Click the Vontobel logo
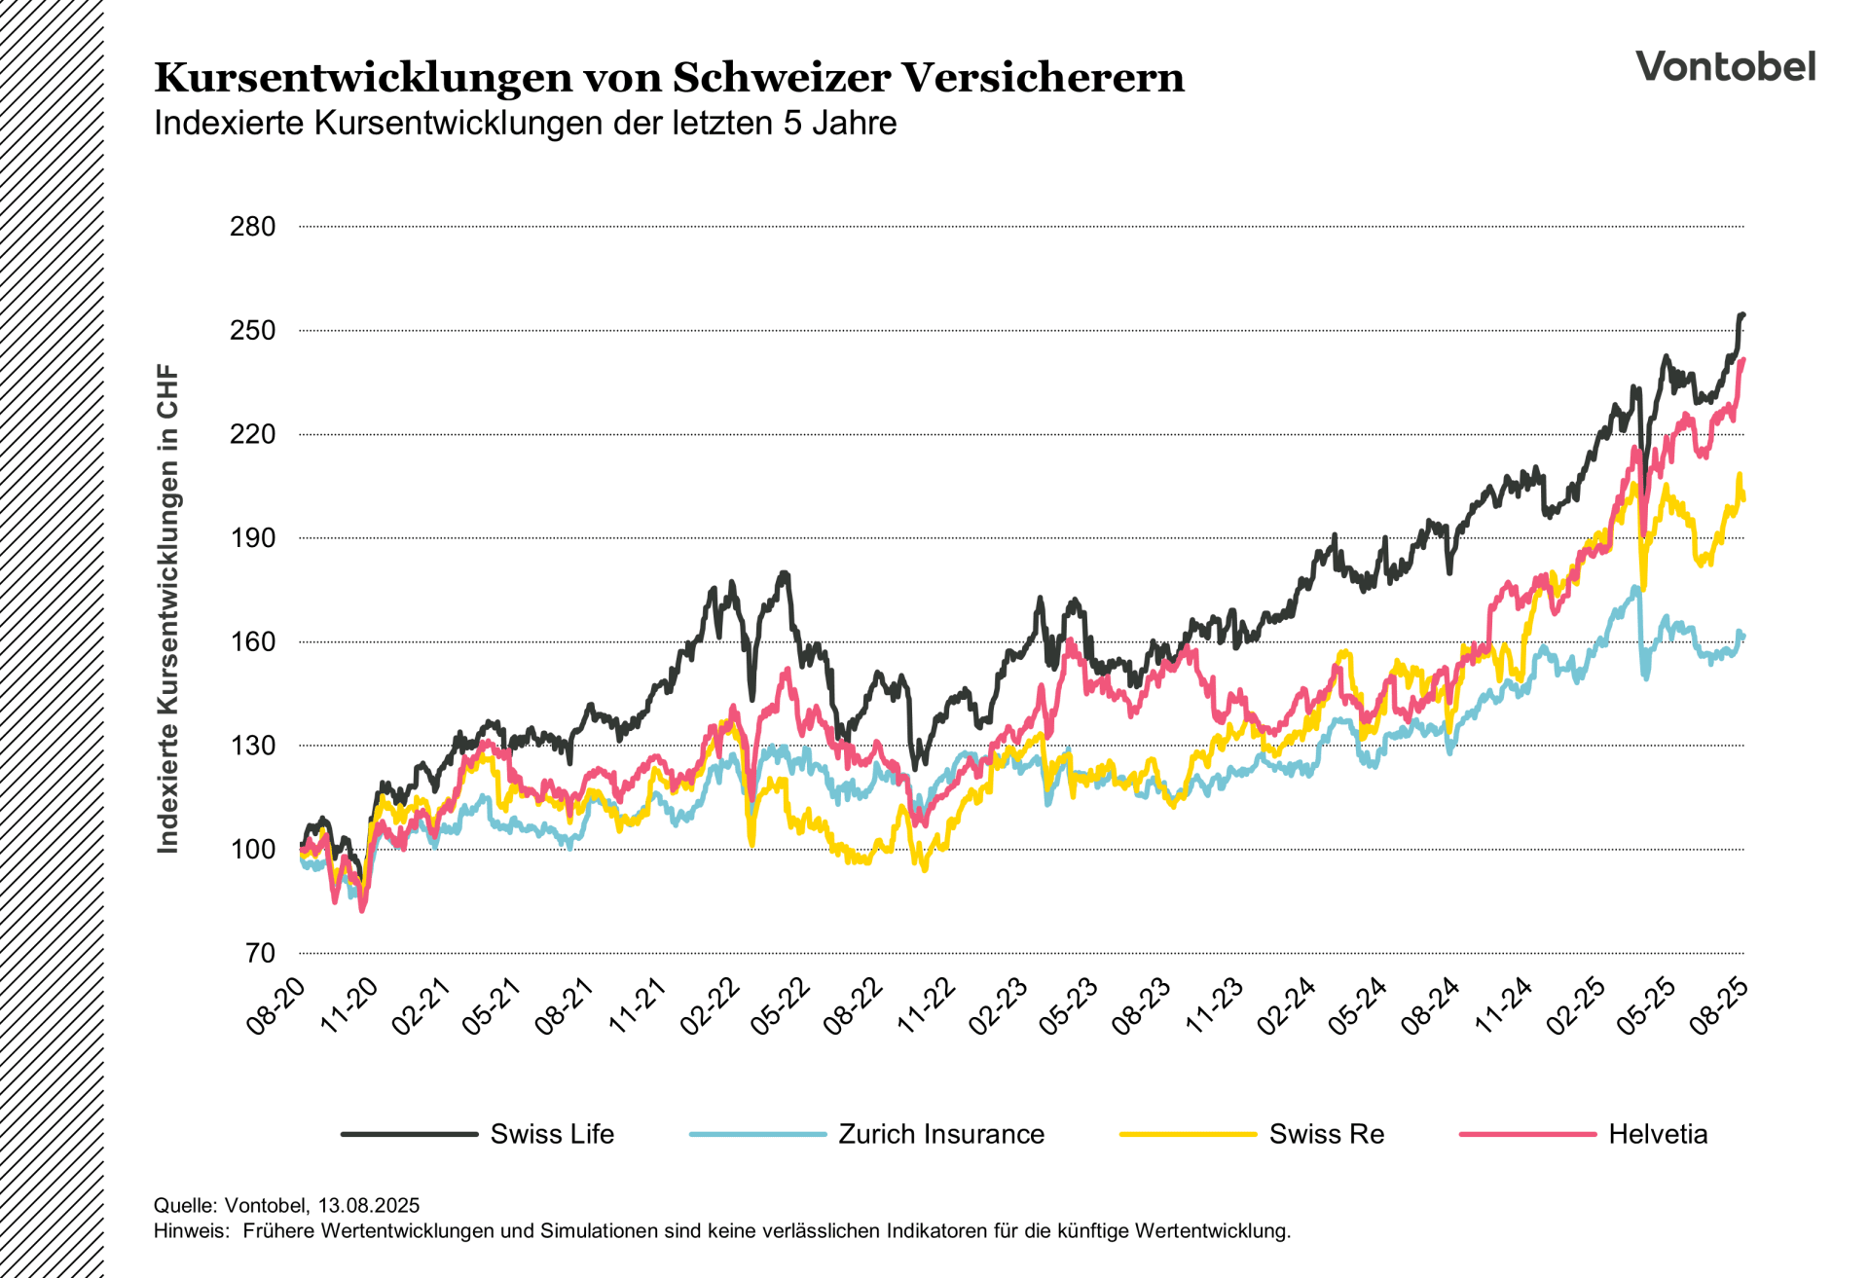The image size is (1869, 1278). [x=1725, y=66]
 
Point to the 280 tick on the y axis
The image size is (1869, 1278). [x=252, y=227]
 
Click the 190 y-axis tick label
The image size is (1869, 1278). [x=252, y=538]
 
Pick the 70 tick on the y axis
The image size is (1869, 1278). [x=259, y=953]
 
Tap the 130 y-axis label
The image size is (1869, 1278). [x=252, y=746]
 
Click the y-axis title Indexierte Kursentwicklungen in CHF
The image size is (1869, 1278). [x=168, y=609]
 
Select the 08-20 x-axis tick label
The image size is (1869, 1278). [x=276, y=1006]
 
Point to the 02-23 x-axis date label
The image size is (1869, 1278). [x=999, y=1006]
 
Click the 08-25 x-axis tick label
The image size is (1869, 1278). [x=1720, y=1006]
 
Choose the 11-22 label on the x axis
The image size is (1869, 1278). [x=927, y=1006]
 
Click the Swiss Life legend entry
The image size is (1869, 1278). [x=552, y=1134]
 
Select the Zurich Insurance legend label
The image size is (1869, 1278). [x=940, y=1134]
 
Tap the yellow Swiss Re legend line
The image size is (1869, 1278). [x=1188, y=1134]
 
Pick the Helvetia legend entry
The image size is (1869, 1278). [x=1657, y=1134]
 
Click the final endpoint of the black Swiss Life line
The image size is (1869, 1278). [x=1742, y=314]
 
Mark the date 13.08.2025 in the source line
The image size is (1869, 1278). [x=368, y=1206]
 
